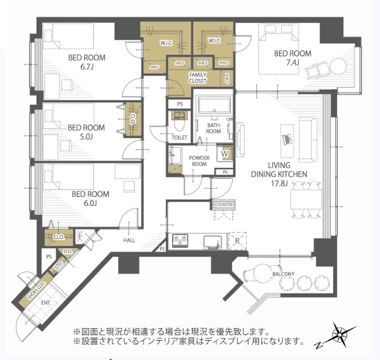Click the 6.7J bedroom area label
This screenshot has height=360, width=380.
pyautogui.click(x=87, y=68)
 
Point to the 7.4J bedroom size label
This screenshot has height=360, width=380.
pyautogui.click(x=292, y=63)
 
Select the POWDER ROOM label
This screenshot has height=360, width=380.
pyautogui.click(x=200, y=162)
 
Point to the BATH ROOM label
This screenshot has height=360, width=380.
pyautogui.click(x=213, y=127)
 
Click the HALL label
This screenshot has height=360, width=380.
pyautogui.click(x=129, y=240)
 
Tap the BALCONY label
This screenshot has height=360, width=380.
pyautogui.click(x=283, y=274)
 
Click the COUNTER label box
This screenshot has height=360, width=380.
pyautogui.click(x=222, y=205)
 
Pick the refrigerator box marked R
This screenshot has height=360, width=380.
pyautogui.click(x=238, y=241)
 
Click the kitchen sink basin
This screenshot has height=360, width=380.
pyautogui.click(x=210, y=241)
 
